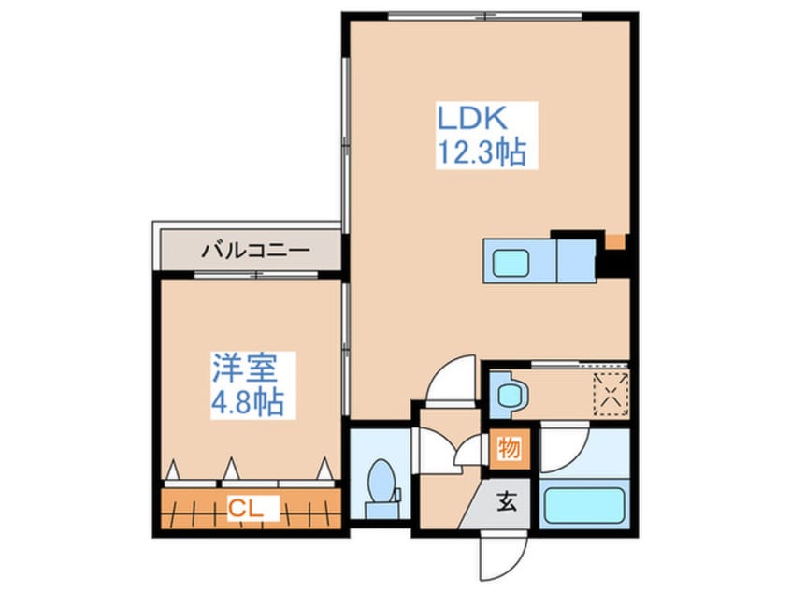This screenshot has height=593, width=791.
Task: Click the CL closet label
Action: (x=247, y=510)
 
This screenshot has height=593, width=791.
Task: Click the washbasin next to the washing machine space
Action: (x=511, y=393)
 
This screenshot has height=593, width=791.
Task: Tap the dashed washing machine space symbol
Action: (x=609, y=390)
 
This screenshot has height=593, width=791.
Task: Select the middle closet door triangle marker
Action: (x=231, y=466)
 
